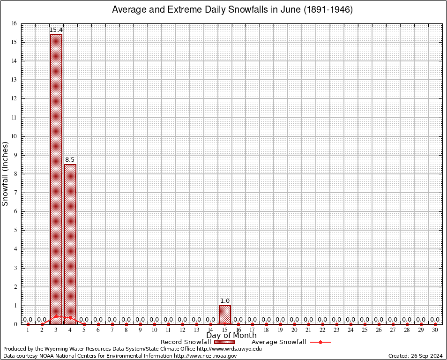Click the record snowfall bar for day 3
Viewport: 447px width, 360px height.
[56, 178]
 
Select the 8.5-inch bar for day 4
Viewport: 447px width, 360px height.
[70, 244]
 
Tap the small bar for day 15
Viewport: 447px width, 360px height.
[225, 315]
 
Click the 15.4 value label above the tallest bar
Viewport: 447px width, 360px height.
[56, 30]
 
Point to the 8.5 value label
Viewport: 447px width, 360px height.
[70, 160]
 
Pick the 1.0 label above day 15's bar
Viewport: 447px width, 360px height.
[225, 301]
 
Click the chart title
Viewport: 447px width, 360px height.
[232, 10]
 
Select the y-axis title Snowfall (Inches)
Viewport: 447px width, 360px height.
[6, 173]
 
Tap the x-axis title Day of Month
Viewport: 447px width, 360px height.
[231, 336]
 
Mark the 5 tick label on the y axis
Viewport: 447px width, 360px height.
[15, 230]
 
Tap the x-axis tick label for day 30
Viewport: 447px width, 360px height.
[435, 330]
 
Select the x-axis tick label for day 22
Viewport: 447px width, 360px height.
[323, 330]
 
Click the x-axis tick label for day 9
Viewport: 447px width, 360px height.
[140, 330]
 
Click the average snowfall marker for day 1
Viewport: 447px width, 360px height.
[28, 324]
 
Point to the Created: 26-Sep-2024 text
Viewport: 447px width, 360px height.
[416, 356]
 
